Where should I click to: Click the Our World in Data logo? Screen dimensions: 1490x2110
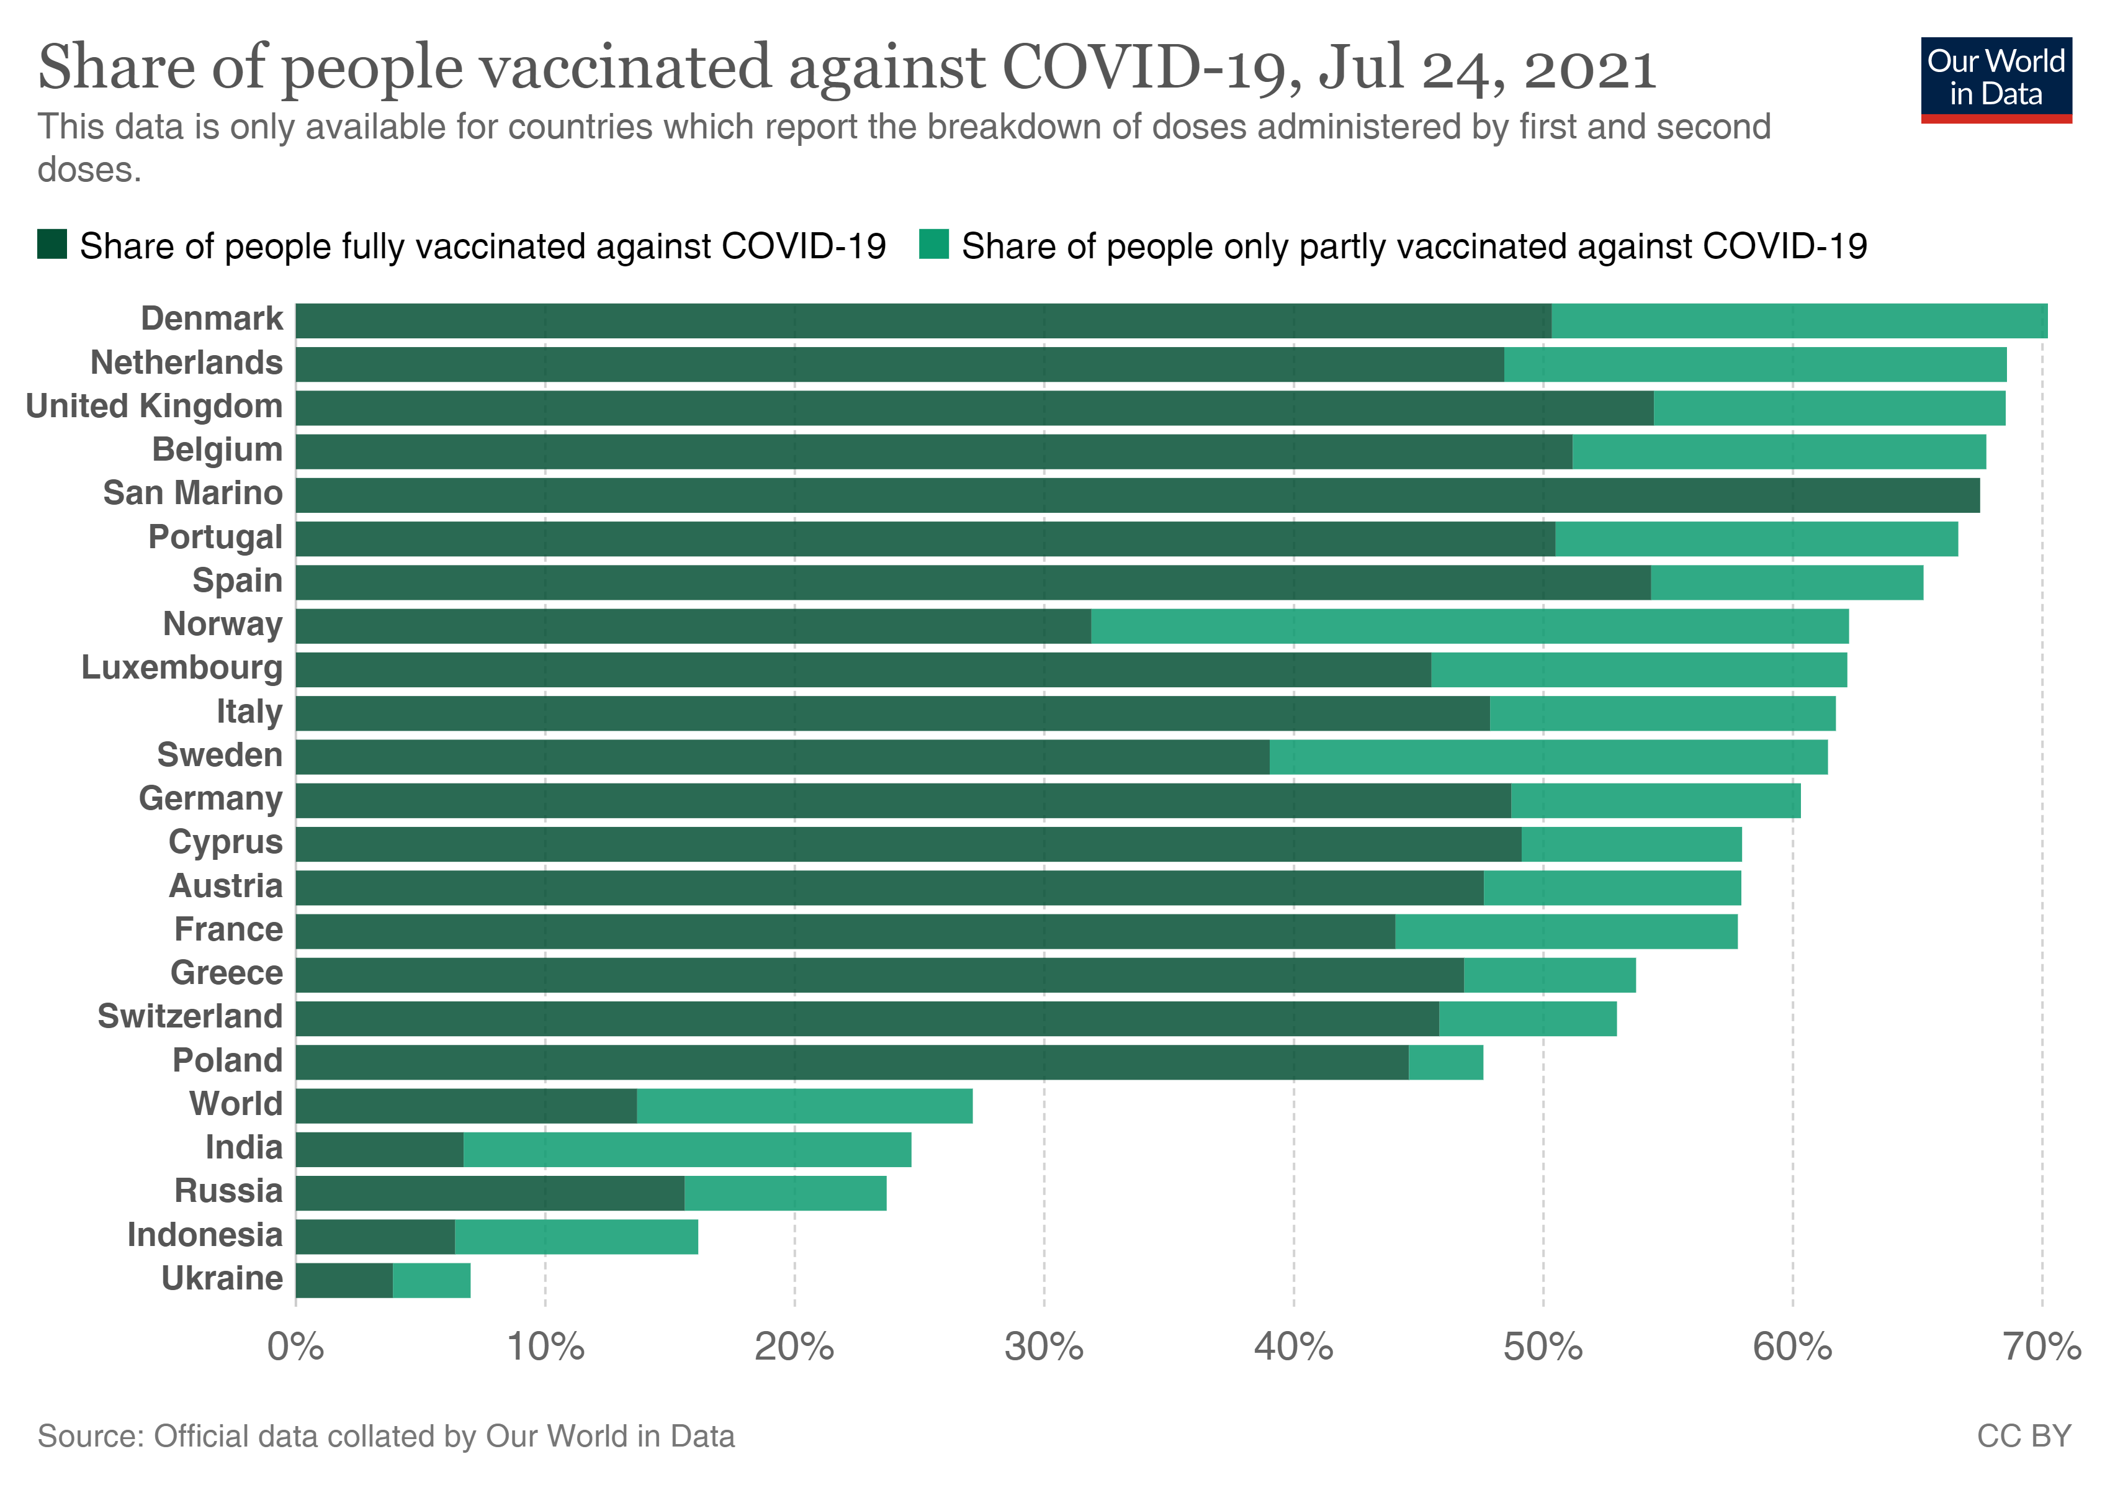(x=1995, y=79)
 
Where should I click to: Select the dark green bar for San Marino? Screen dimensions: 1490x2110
(x=1137, y=495)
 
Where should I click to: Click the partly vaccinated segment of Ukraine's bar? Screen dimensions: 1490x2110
(x=431, y=1280)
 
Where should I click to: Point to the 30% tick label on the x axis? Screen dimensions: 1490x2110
(x=1044, y=1348)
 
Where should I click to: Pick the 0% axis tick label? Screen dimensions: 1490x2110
(x=296, y=1348)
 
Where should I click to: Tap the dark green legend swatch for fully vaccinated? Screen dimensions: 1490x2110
(x=52, y=245)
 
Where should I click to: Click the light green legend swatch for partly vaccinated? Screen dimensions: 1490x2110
(x=933, y=245)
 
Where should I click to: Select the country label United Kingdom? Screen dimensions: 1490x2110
(x=155, y=406)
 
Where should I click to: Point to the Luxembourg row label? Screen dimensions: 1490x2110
(x=182, y=668)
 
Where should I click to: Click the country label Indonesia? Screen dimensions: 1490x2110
(x=205, y=1235)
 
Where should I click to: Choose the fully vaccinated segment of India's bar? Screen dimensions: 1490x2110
(x=380, y=1150)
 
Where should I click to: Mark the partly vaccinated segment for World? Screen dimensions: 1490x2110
(x=804, y=1106)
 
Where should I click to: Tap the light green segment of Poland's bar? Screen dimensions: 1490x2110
(x=1445, y=1063)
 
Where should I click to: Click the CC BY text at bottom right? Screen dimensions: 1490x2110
(x=2024, y=1437)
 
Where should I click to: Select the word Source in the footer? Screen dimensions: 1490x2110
(x=90, y=1437)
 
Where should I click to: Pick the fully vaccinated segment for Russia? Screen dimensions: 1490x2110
(x=490, y=1193)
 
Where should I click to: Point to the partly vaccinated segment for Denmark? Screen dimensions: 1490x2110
(x=1798, y=321)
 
